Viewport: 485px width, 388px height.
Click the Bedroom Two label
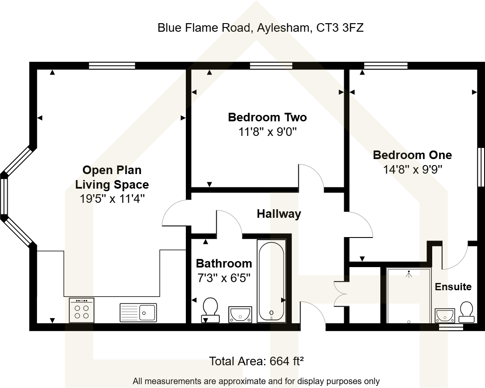pos(267,117)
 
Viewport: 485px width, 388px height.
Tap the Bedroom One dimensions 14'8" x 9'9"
pos(412,169)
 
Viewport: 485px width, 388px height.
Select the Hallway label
pos(279,214)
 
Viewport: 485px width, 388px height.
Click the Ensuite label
pos(453,287)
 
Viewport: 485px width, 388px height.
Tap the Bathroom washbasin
pos(240,314)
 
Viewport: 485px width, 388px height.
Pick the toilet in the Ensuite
pos(467,312)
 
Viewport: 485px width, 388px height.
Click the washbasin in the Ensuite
pos(443,315)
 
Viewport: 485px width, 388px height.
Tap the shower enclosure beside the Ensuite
pos(409,296)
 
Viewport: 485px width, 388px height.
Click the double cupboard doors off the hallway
pos(340,294)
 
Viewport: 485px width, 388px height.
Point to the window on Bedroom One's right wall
pos(481,167)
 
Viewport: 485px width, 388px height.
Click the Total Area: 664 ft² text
pos(256,361)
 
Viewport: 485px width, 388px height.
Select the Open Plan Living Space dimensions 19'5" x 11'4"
pos(112,199)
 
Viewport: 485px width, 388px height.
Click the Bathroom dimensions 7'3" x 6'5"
pos(224,278)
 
